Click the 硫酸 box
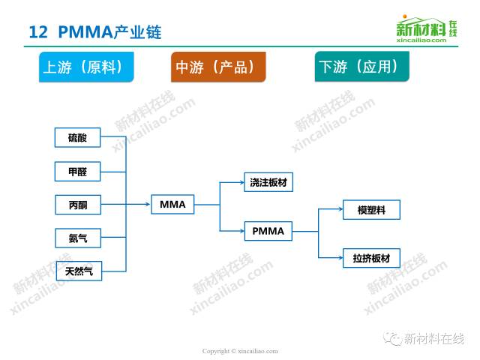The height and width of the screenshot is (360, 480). (77, 137)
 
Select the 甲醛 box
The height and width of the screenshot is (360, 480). (77, 172)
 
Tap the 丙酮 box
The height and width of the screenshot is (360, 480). (77, 204)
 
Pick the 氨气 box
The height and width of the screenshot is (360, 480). (77, 238)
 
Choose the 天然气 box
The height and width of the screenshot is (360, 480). (78, 271)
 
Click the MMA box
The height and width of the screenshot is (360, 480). (173, 203)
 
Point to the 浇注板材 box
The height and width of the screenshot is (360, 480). (268, 182)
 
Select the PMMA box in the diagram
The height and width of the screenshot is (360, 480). (268, 231)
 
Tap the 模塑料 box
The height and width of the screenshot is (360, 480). (371, 210)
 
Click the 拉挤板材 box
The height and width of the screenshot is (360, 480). (371, 259)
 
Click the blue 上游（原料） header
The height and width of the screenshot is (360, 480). (88, 67)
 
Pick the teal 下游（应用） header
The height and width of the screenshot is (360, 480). (361, 67)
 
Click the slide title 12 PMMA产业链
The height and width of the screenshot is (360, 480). (94, 32)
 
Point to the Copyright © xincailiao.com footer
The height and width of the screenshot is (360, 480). (240, 350)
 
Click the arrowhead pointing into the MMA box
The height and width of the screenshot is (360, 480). (147, 203)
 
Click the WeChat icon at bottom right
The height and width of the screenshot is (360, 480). (394, 338)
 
